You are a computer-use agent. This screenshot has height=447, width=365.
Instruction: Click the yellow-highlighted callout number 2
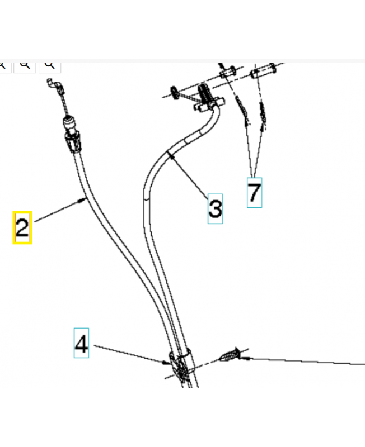tap(22, 227)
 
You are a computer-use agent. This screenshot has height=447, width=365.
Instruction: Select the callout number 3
tap(215, 208)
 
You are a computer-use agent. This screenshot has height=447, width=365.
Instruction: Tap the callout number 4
tap(81, 343)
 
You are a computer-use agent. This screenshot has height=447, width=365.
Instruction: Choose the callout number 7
tap(255, 192)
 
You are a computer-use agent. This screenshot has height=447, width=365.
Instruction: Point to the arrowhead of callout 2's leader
tap(82, 201)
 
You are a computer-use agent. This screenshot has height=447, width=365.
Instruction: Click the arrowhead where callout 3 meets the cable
tap(171, 155)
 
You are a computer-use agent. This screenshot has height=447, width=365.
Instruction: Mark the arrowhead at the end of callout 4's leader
tap(167, 363)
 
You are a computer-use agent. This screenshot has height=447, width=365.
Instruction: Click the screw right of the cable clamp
tap(230, 354)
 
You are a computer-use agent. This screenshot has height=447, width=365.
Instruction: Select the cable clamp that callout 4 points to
tap(181, 367)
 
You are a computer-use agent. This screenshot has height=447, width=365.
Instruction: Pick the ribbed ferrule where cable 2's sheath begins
tap(74, 142)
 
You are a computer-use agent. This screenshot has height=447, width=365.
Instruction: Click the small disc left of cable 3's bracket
tap(174, 93)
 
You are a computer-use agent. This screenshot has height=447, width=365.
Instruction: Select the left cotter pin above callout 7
tap(242, 108)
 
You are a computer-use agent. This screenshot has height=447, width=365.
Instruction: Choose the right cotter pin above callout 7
tap(263, 113)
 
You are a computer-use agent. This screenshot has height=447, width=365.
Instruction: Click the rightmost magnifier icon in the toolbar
tap(50, 65)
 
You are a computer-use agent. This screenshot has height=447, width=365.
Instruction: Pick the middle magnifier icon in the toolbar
tap(25, 65)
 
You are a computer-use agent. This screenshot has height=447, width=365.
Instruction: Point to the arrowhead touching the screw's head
tap(245, 357)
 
